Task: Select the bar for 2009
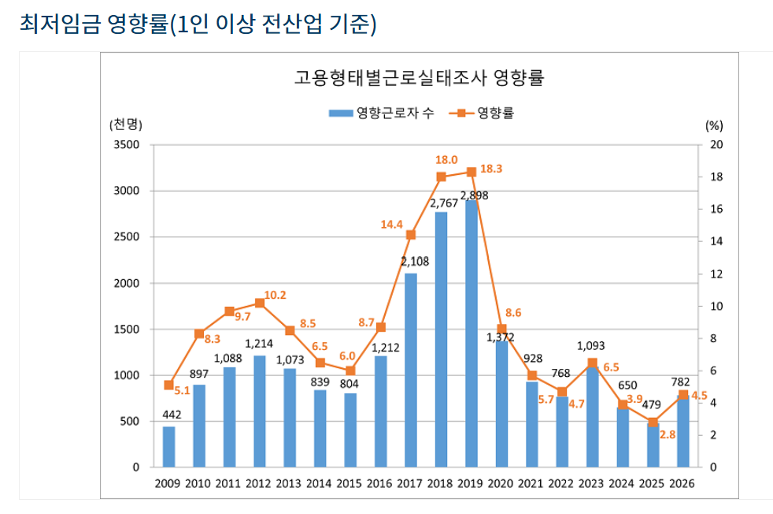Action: click(168, 446)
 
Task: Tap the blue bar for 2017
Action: click(411, 371)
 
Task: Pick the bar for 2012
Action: click(259, 411)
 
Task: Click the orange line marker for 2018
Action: click(441, 177)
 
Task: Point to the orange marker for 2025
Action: click(653, 423)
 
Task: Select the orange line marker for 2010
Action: click(199, 333)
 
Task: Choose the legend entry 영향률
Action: click(483, 113)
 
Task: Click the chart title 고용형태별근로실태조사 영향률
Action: click(420, 77)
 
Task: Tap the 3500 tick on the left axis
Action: click(127, 145)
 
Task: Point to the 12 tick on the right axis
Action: click(716, 274)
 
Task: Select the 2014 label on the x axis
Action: click(320, 483)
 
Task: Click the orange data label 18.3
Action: click(491, 169)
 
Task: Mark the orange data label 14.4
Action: click(391, 225)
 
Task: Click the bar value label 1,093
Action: click(591, 345)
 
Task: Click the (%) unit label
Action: click(714, 125)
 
